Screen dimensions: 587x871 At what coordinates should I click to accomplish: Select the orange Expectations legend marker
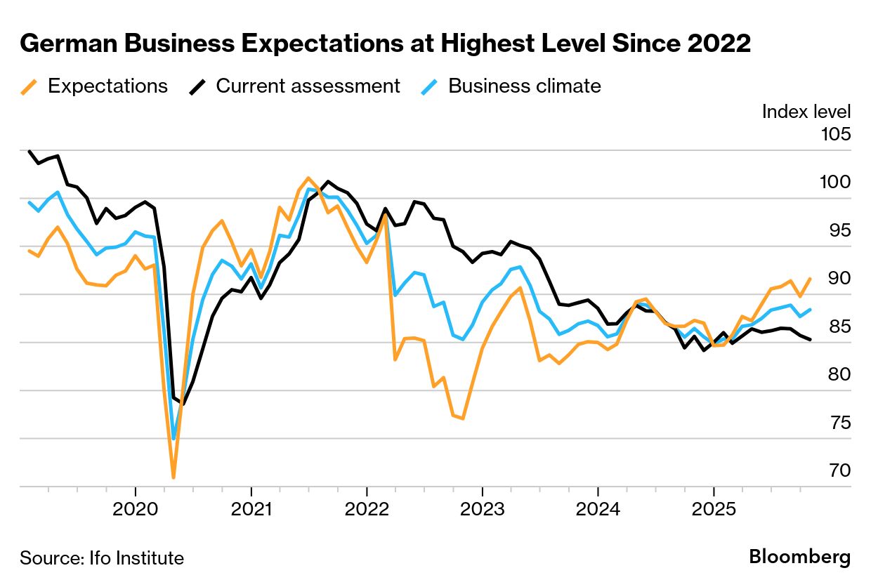click(29, 86)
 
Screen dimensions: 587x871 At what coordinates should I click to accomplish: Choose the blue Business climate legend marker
click(430, 86)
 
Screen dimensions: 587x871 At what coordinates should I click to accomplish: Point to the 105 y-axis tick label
click(835, 133)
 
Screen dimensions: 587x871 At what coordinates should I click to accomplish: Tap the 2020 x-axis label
click(135, 509)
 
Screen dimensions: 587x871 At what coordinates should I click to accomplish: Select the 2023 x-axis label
click(482, 509)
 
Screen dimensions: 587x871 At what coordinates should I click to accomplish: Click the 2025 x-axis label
click(713, 509)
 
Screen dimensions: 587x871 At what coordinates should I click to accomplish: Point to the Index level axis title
click(806, 111)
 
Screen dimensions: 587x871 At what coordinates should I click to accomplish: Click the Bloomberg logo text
click(799, 558)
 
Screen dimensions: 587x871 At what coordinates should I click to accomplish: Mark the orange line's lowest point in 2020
click(173, 477)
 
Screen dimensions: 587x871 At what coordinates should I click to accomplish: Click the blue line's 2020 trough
click(173, 439)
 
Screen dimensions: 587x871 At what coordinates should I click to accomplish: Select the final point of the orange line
click(811, 279)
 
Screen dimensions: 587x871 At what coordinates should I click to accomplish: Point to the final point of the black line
click(811, 340)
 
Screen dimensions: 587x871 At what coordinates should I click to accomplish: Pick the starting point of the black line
click(29, 151)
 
